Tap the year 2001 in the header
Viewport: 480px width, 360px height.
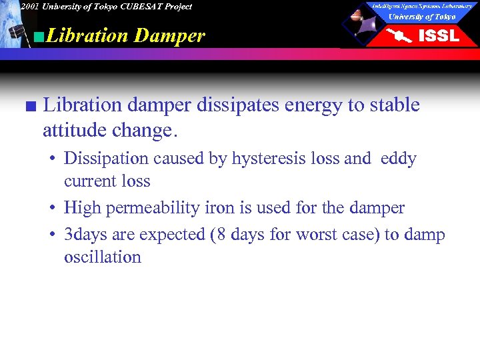point(29,7)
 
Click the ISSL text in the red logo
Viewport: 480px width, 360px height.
point(438,36)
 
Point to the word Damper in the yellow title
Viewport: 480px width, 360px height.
point(169,35)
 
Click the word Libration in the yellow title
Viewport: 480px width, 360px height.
point(87,35)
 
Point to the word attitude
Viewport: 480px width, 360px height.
point(74,130)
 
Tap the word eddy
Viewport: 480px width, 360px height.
point(399,159)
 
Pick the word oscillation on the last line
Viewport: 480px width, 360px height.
point(103,257)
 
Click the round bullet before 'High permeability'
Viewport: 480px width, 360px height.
point(51,209)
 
